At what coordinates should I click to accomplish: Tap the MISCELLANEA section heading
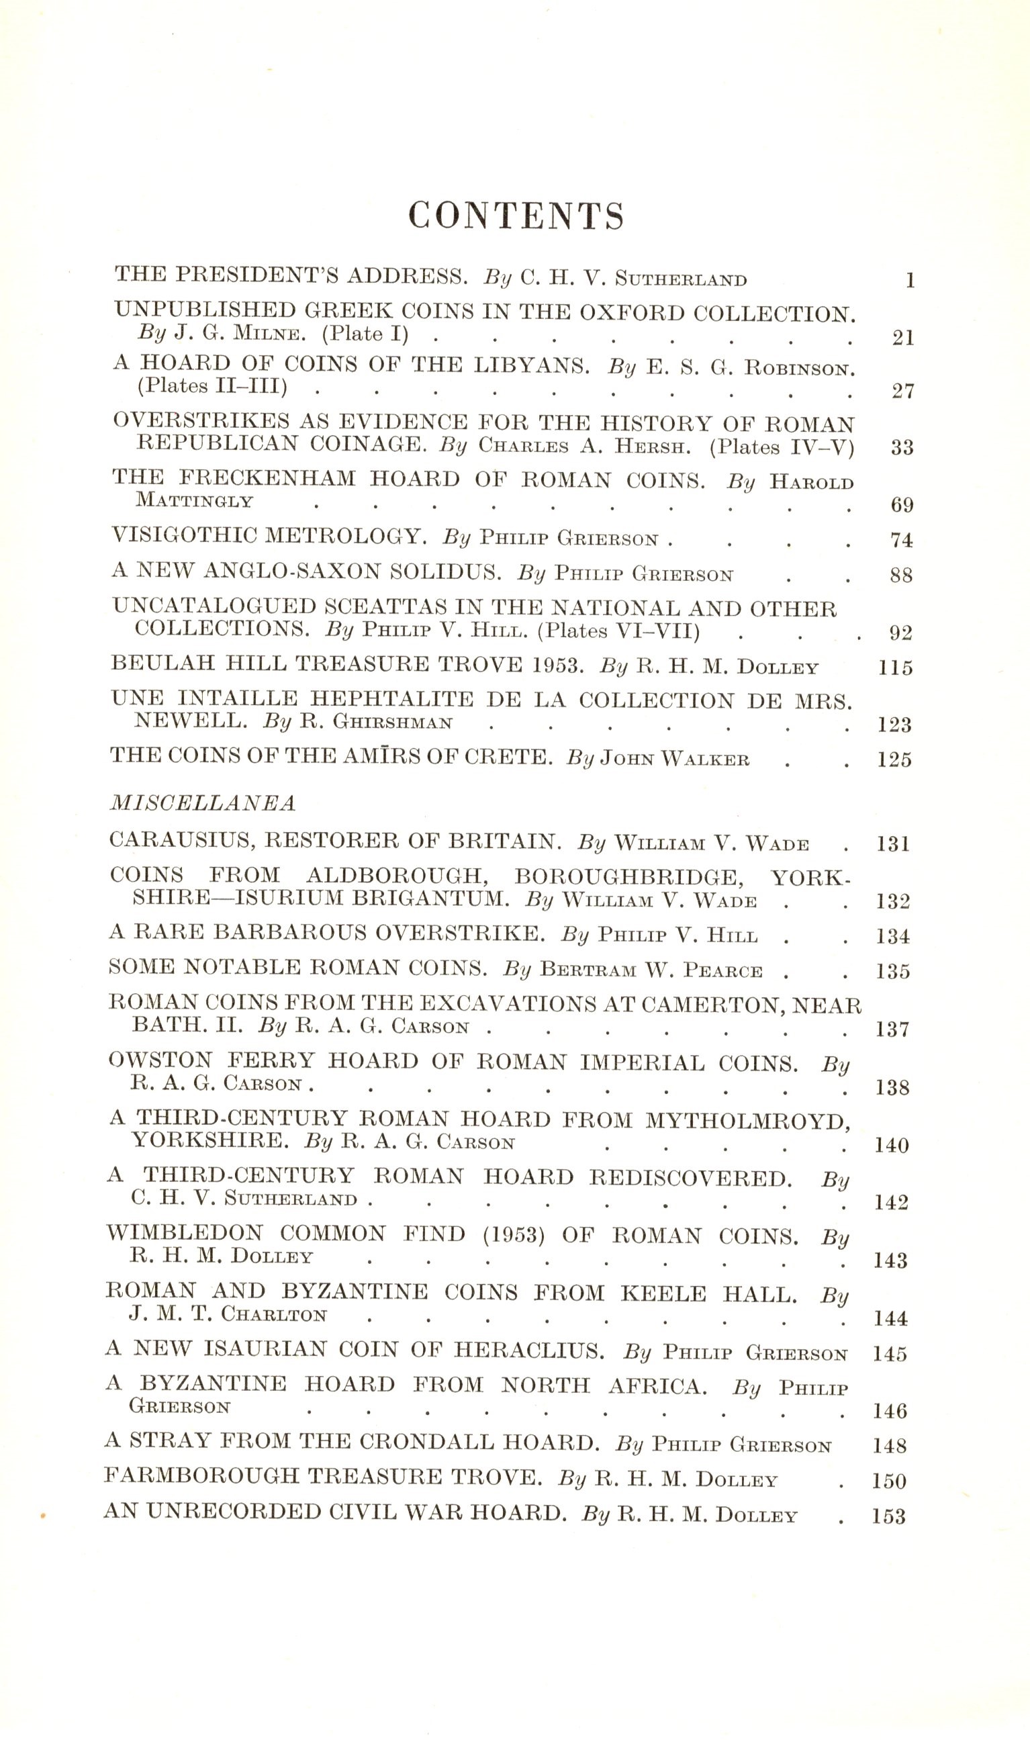(x=202, y=803)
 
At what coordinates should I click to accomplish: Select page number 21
(x=902, y=338)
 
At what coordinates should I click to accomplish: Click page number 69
(x=902, y=504)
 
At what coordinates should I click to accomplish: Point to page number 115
(x=894, y=668)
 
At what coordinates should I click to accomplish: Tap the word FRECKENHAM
(x=267, y=479)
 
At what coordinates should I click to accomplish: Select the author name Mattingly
(x=194, y=500)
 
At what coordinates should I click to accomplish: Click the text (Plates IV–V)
(x=782, y=447)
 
